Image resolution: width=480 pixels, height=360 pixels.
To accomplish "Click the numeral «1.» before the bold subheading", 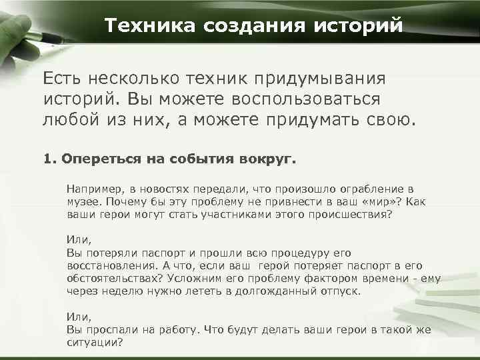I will tap(49, 160).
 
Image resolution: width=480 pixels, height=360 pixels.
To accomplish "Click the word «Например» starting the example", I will tap(89, 189).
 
